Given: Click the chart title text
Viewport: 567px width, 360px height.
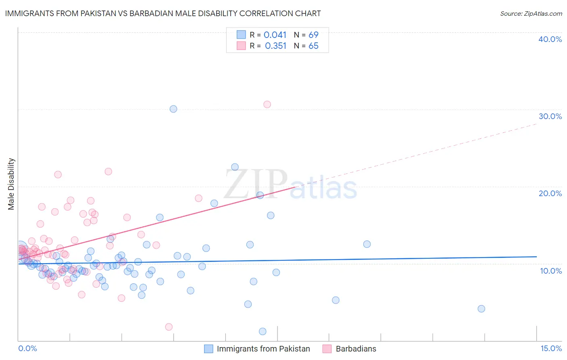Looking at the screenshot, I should [x=163, y=13].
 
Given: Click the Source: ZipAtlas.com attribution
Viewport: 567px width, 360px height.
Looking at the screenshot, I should [x=531, y=14].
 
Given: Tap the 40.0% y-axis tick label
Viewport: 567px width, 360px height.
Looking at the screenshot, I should [x=550, y=39].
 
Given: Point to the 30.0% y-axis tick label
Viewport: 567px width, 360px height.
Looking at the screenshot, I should [x=550, y=116].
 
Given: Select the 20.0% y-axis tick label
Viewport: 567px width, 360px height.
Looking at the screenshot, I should [x=550, y=193].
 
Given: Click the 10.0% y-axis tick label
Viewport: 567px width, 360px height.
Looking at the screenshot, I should [x=551, y=271].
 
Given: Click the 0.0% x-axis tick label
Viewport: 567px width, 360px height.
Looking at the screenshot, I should [x=27, y=348].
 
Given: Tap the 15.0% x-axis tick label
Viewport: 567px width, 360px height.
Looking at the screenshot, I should [x=551, y=348].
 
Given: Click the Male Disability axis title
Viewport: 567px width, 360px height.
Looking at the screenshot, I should [x=11, y=184].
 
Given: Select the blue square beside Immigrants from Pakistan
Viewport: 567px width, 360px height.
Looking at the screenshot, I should [x=208, y=349].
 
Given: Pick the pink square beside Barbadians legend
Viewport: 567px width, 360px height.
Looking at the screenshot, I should [x=327, y=349].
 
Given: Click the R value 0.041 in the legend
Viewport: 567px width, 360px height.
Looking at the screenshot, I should [x=275, y=35].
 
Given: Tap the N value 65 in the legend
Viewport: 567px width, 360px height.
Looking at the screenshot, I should [x=313, y=46].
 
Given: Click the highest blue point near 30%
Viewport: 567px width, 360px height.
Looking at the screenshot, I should [x=173, y=109].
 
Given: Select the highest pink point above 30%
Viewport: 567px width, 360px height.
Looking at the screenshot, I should [x=267, y=105].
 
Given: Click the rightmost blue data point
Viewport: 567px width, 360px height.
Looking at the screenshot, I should [x=481, y=309].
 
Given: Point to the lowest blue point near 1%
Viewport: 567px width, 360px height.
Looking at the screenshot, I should [x=263, y=331].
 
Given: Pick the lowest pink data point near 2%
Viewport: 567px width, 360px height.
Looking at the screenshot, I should [x=169, y=327].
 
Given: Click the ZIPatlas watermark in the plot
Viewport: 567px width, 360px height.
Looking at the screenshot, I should [x=290, y=185].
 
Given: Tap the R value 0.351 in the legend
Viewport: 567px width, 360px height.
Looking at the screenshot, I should [x=275, y=46].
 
